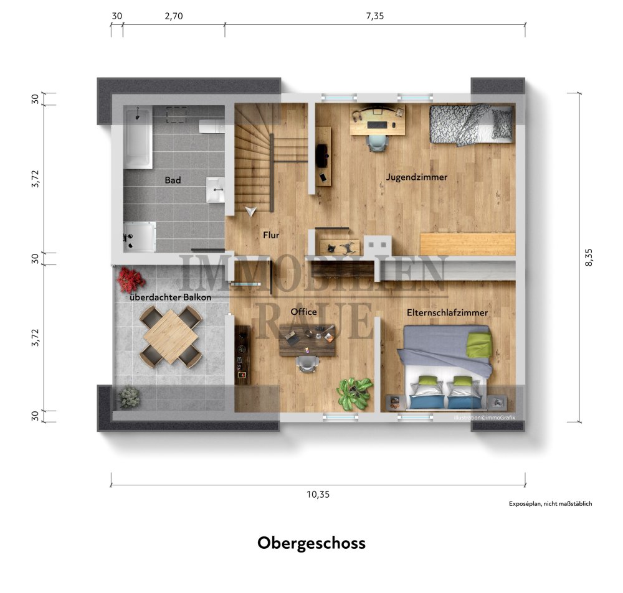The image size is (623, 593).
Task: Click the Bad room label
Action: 173,180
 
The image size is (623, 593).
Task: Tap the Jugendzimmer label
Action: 417,177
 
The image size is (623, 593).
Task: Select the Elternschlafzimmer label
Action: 447,313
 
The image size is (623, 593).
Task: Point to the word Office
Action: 304,312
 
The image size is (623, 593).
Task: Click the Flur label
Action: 271,236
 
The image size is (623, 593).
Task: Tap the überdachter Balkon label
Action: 170,298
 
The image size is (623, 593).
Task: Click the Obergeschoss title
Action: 311,543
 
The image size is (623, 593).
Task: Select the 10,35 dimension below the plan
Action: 318,495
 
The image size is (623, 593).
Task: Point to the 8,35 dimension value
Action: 590,255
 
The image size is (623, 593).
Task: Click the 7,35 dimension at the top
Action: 375,17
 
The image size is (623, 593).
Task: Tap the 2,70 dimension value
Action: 174,17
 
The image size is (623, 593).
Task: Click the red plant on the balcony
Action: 130,280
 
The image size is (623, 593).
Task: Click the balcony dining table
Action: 171,336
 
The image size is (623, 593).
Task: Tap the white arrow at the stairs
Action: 251,212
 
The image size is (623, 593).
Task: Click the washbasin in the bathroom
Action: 216,189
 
